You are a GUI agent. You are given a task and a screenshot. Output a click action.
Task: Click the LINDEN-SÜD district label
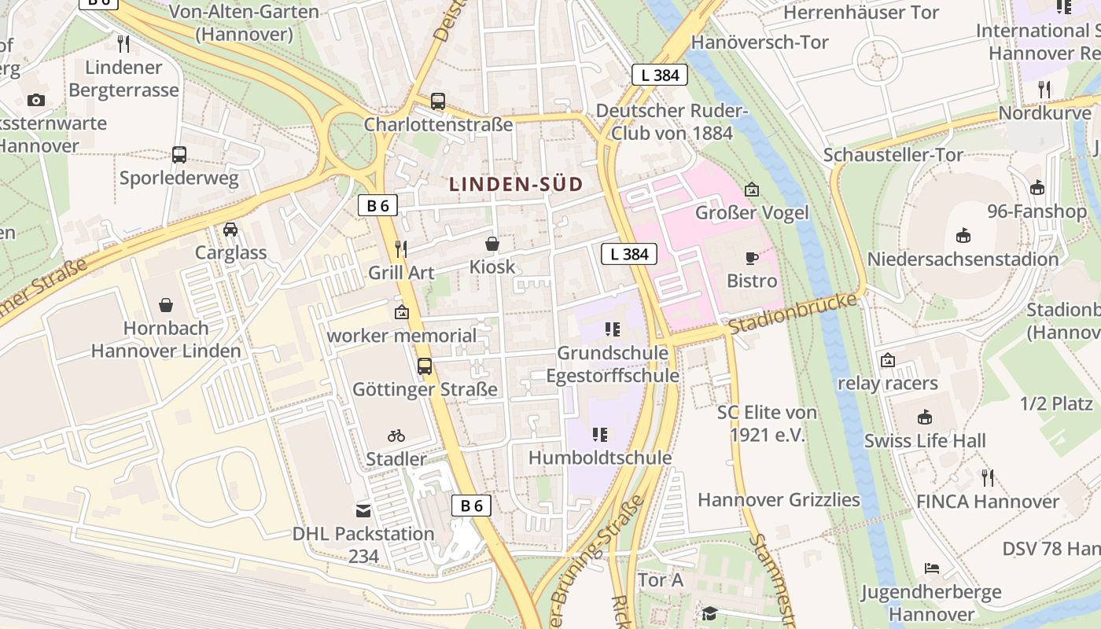pyautogui.click(x=516, y=185)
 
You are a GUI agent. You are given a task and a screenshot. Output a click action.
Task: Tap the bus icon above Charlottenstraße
pyautogui.click(x=438, y=101)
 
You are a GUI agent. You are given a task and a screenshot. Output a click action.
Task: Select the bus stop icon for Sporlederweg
pyautogui.click(x=179, y=155)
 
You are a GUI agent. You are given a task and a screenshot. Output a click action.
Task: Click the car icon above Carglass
pyautogui.click(x=230, y=230)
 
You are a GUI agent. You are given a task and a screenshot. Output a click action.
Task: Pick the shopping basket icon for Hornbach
pyautogui.click(x=166, y=304)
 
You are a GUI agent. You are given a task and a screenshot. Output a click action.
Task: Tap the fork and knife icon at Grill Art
pyautogui.click(x=401, y=249)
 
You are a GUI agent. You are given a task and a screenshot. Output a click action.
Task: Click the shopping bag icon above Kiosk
pyautogui.click(x=492, y=244)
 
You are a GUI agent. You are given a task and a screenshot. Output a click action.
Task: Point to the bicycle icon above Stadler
pyautogui.click(x=396, y=436)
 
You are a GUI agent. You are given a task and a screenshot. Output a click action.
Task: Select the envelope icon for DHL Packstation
pyautogui.click(x=363, y=511)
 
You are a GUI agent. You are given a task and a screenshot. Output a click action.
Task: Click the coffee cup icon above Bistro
pyautogui.click(x=752, y=258)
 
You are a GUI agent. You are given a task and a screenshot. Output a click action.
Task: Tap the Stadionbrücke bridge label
pyautogui.click(x=792, y=314)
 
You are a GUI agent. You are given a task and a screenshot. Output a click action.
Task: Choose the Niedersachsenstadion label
pyautogui.click(x=963, y=259)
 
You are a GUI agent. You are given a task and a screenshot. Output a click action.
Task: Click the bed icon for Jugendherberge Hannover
pyautogui.click(x=932, y=568)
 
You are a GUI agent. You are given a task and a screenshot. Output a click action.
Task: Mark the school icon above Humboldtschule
pyautogui.click(x=600, y=435)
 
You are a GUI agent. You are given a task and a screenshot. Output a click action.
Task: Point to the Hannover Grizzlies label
pyautogui.click(x=779, y=500)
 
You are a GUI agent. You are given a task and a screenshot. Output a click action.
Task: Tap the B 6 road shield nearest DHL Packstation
pyautogui.click(x=471, y=506)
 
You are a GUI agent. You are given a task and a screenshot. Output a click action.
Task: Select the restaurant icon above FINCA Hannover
pyautogui.click(x=988, y=477)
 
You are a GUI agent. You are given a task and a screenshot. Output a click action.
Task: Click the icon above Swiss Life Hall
pyautogui.click(x=925, y=417)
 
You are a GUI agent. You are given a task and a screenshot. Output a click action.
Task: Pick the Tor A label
pyautogui.click(x=661, y=580)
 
